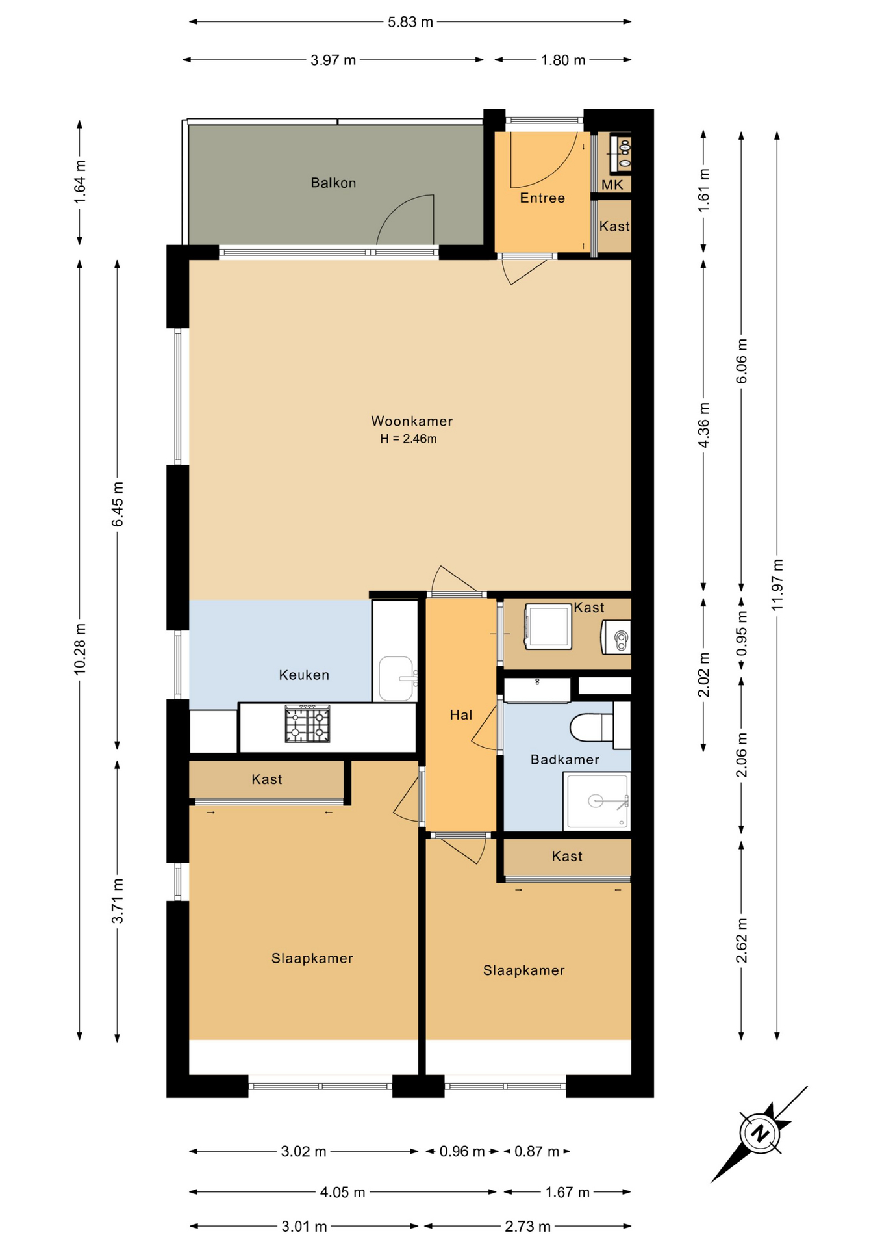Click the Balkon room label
[x=333, y=183]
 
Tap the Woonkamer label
[x=412, y=421]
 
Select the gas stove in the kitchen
[x=307, y=724]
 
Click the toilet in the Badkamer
[x=591, y=727]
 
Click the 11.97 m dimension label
[x=777, y=584]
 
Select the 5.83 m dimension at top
[x=410, y=22]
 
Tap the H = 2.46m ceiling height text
[x=409, y=439]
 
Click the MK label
[x=612, y=185]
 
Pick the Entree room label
[x=542, y=198]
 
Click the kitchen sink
[x=396, y=679]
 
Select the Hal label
[x=461, y=715]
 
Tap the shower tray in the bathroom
[x=597, y=801]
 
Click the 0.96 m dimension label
[x=462, y=1151]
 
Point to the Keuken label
[x=304, y=675]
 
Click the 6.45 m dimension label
[x=118, y=504]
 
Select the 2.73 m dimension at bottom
[x=528, y=1226]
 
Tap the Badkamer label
[x=565, y=759]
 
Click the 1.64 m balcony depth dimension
[x=80, y=182]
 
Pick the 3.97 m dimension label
[x=333, y=60]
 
